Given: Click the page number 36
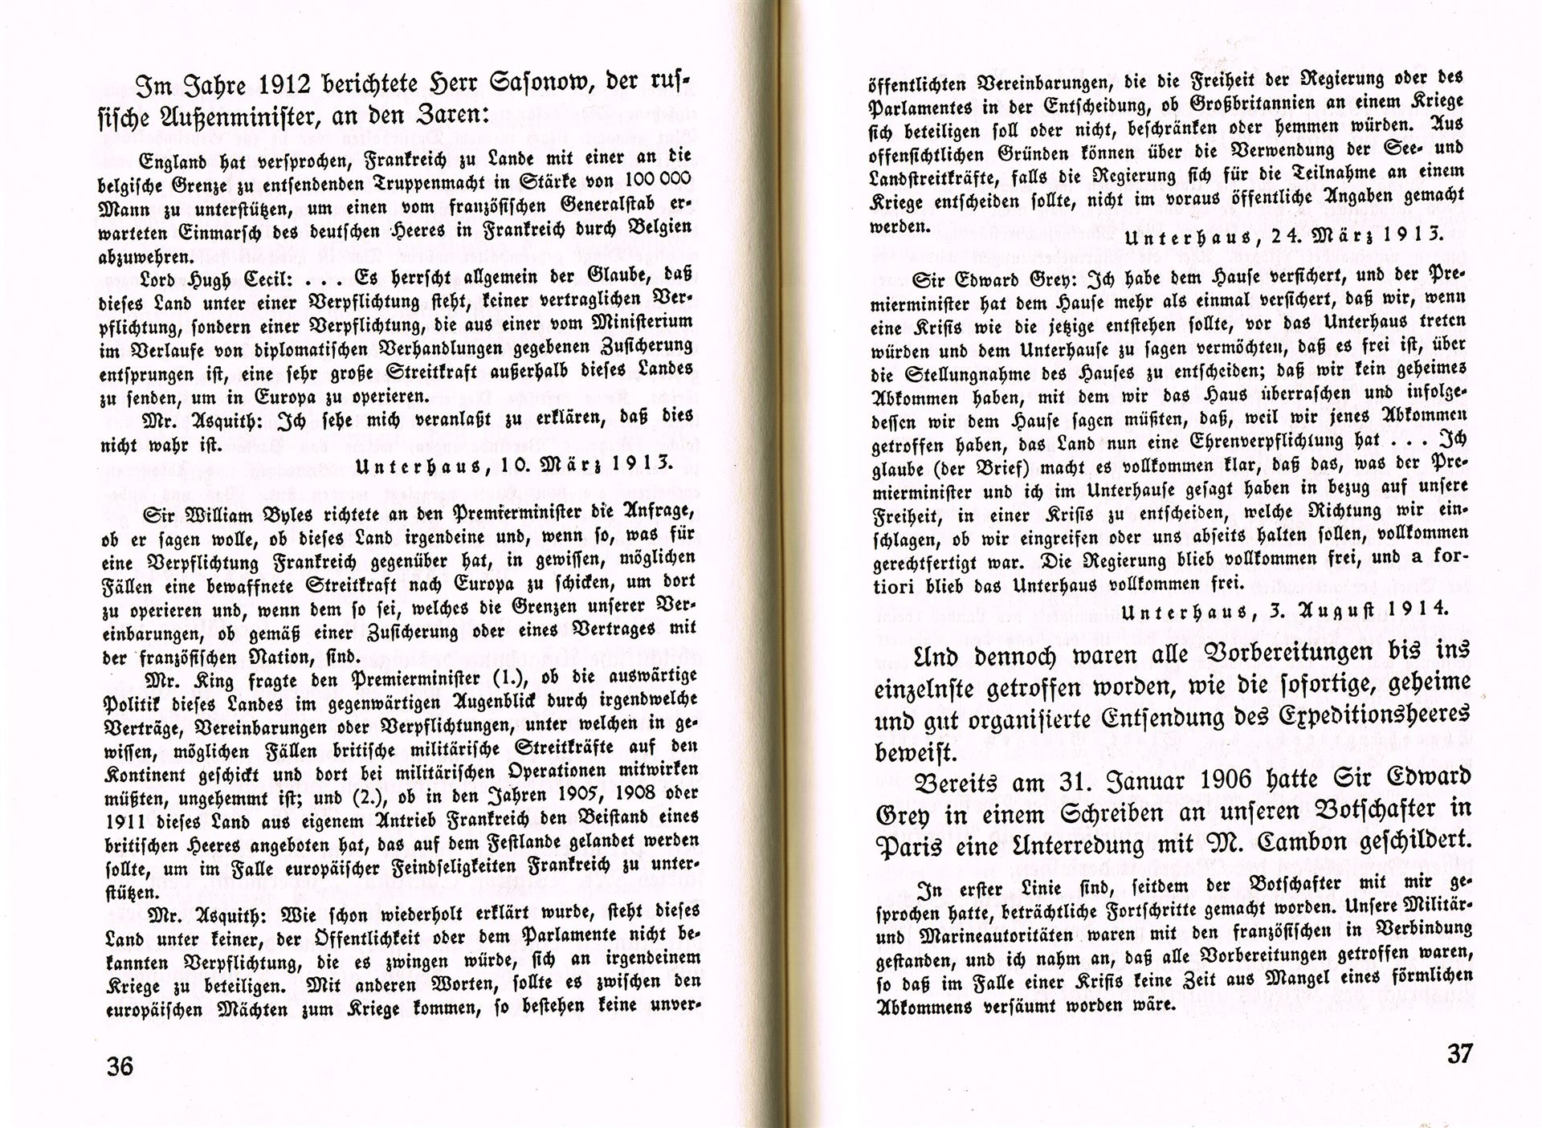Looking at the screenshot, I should (120, 1067).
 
